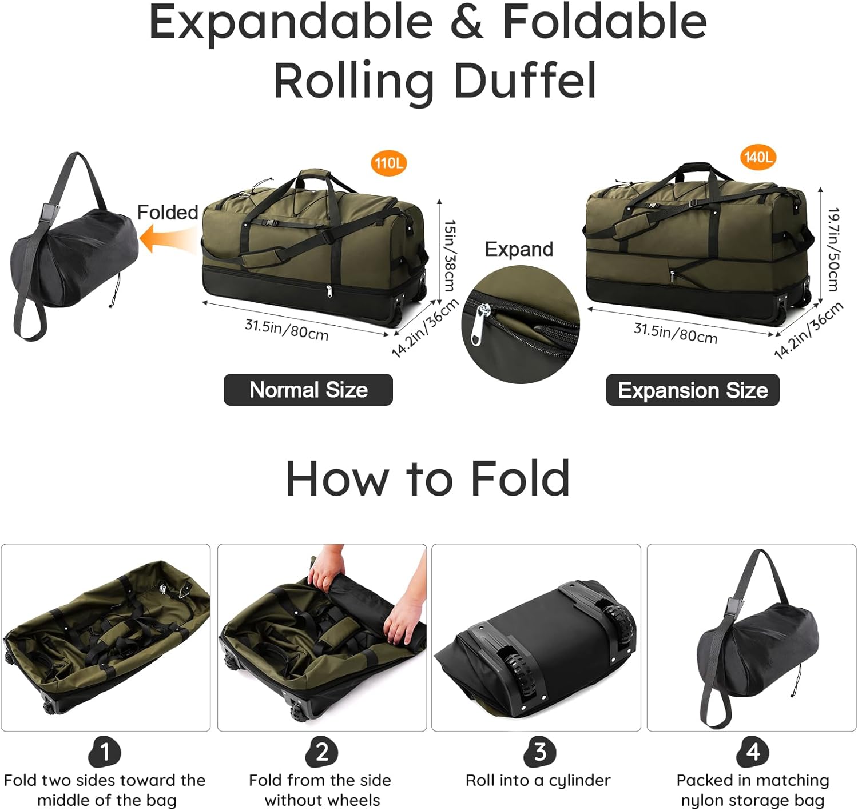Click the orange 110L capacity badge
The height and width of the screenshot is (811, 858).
(x=388, y=163)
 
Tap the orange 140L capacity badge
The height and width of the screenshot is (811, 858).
(x=758, y=157)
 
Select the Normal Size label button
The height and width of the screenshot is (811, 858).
(x=308, y=390)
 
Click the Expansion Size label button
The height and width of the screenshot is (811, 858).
(x=693, y=390)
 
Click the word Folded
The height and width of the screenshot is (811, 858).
(x=168, y=213)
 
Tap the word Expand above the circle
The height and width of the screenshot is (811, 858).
(x=519, y=249)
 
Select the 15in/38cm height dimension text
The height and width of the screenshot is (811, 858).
(x=450, y=256)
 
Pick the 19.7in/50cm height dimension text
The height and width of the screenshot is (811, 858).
(x=833, y=249)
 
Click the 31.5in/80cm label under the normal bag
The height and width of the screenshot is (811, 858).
(x=287, y=330)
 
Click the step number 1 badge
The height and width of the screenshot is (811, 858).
(x=105, y=752)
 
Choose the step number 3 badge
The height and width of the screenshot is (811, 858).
(x=539, y=752)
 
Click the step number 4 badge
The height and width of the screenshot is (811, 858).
(x=753, y=752)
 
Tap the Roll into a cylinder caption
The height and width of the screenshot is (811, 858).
(x=538, y=781)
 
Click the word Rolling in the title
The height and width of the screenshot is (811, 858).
(x=353, y=81)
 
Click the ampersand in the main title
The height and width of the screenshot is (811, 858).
(x=467, y=23)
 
